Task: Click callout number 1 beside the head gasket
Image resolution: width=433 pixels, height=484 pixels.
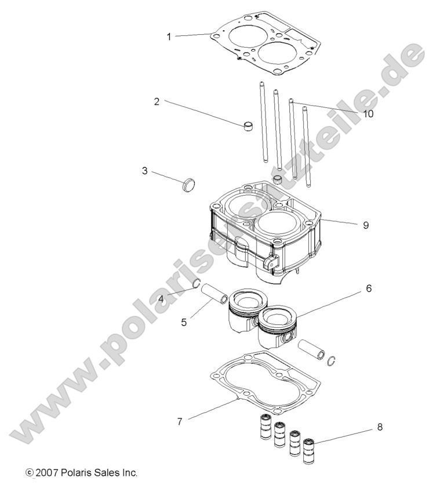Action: pyautogui.click(x=169, y=37)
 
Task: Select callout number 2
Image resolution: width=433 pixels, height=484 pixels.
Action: pyautogui.click(x=157, y=101)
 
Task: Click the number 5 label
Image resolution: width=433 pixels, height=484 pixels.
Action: pyautogui.click(x=184, y=321)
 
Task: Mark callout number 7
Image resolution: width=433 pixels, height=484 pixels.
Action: pyautogui.click(x=180, y=421)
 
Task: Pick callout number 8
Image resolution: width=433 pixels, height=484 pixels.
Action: pyautogui.click(x=380, y=427)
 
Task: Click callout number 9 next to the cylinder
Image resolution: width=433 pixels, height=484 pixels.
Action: pyautogui.click(x=366, y=225)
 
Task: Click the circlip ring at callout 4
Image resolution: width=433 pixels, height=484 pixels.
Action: pyautogui.click(x=197, y=284)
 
